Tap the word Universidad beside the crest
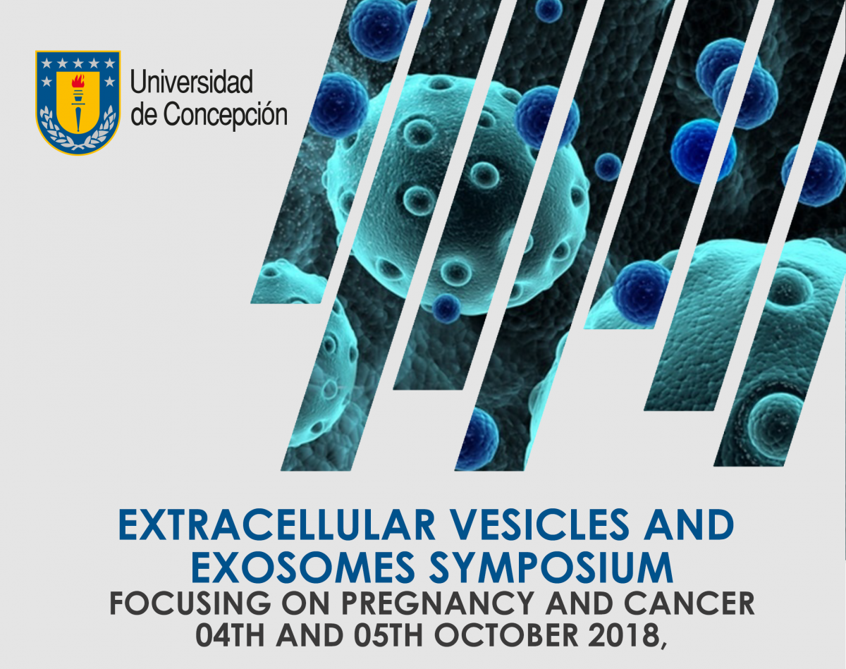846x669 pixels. point(192,83)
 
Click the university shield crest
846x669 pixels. point(78,103)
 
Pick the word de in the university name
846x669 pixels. point(145,113)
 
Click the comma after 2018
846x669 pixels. point(662,642)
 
